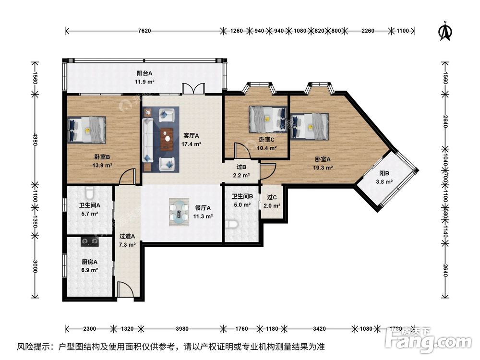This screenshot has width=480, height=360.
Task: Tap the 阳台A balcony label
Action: (144, 73)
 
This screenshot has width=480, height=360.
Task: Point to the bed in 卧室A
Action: (309, 126)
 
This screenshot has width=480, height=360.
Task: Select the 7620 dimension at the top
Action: (144, 31)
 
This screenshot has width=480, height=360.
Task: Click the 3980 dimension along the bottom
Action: (182, 329)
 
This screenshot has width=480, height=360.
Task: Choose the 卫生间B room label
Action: (242, 196)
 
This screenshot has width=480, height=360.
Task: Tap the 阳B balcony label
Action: (384, 174)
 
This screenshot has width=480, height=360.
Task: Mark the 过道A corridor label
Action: (127, 236)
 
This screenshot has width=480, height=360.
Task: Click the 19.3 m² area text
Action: (324, 168)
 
